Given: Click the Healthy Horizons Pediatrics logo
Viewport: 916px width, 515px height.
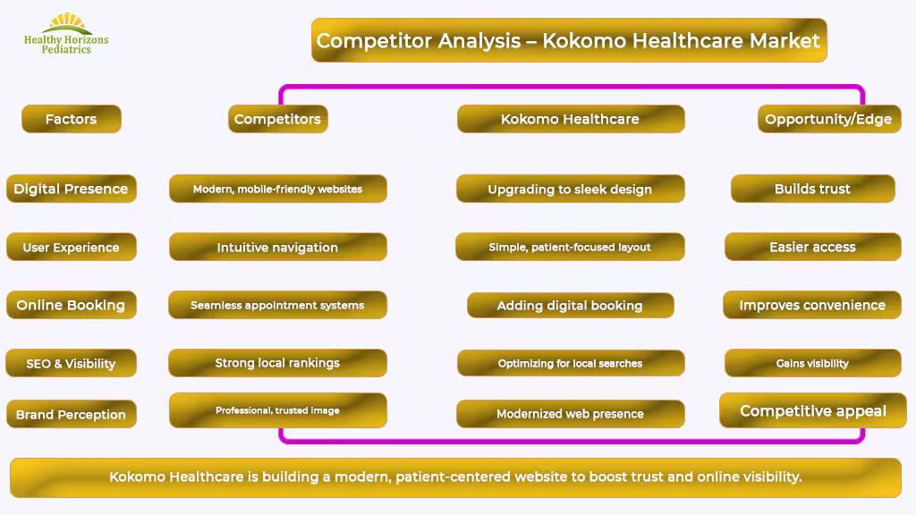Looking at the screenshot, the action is tap(66, 34).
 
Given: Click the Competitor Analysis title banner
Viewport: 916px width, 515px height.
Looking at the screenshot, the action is tap(569, 40).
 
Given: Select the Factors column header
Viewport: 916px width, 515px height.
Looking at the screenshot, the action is tap(72, 119).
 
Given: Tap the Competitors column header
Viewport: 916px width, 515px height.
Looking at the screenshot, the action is tap(277, 119).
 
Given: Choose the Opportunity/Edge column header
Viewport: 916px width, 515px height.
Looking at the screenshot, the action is tap(829, 119).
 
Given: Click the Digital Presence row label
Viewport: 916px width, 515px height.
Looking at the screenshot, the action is tap(72, 189).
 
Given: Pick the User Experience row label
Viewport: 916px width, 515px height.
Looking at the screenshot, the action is tap(72, 247).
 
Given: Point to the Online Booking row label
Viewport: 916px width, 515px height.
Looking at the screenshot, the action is tap(72, 305).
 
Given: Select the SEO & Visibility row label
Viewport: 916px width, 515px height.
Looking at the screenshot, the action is tap(72, 363).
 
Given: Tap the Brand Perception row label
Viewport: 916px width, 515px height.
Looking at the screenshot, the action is tap(72, 414).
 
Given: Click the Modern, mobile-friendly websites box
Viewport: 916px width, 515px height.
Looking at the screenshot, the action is tap(278, 189).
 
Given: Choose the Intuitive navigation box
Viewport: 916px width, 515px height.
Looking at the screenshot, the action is tap(278, 247).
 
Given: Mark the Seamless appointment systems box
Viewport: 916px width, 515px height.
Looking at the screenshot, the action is tap(277, 305).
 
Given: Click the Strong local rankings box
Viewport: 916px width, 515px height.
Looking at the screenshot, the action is tap(277, 363).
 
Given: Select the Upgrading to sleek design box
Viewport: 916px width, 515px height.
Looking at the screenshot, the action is tap(570, 189).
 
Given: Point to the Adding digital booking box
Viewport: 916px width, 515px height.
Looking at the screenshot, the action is tap(570, 306).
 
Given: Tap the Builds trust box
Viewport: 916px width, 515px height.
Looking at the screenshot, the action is tap(812, 189).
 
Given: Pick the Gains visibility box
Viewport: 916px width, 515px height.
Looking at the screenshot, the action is tap(812, 363).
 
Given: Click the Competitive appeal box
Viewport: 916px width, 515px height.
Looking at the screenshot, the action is tap(812, 410).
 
